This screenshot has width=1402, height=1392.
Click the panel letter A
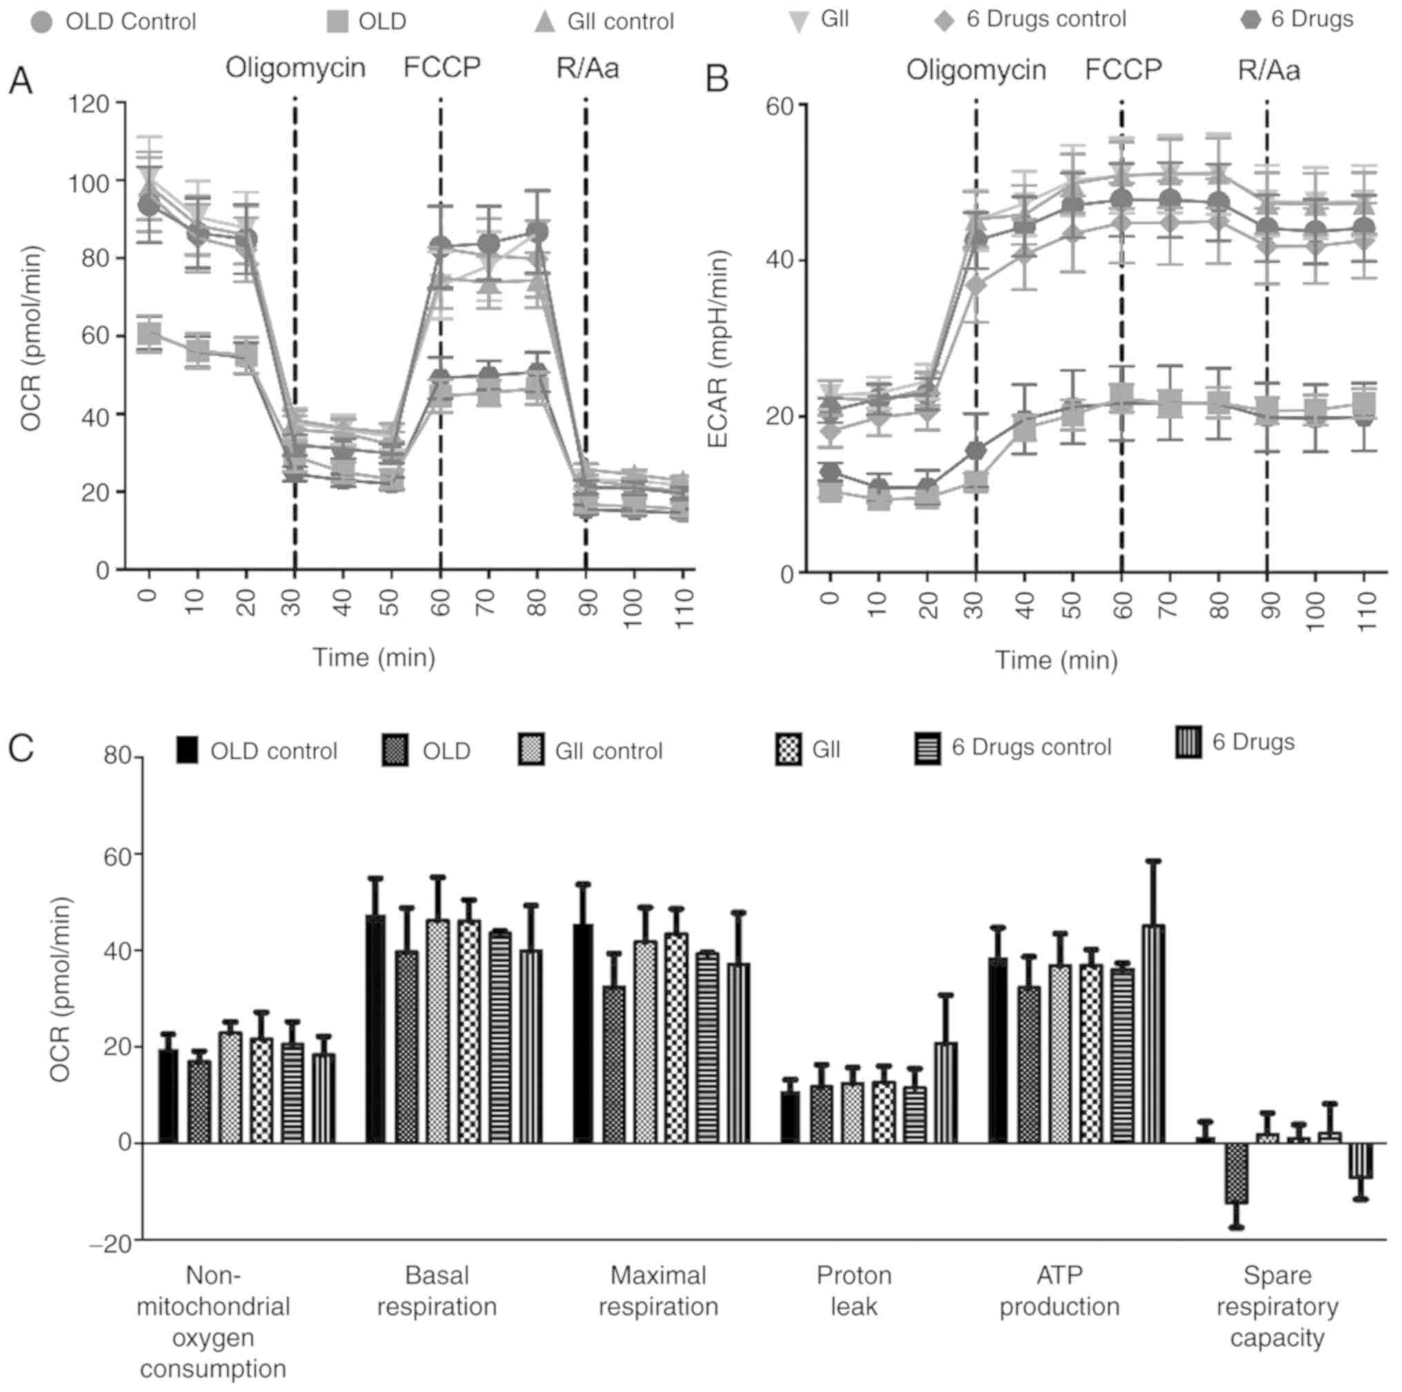20,81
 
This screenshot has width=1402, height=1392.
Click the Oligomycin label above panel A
295,68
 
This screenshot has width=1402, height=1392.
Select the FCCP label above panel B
1123,70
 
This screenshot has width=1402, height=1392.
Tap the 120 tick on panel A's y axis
90,104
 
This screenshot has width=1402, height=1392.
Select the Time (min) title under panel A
373,657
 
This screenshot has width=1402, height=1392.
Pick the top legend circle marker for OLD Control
42,23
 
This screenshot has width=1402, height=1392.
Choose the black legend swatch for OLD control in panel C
187,751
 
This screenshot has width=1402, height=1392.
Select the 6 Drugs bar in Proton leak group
946,1093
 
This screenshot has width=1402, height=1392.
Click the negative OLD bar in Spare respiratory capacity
1236,1173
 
